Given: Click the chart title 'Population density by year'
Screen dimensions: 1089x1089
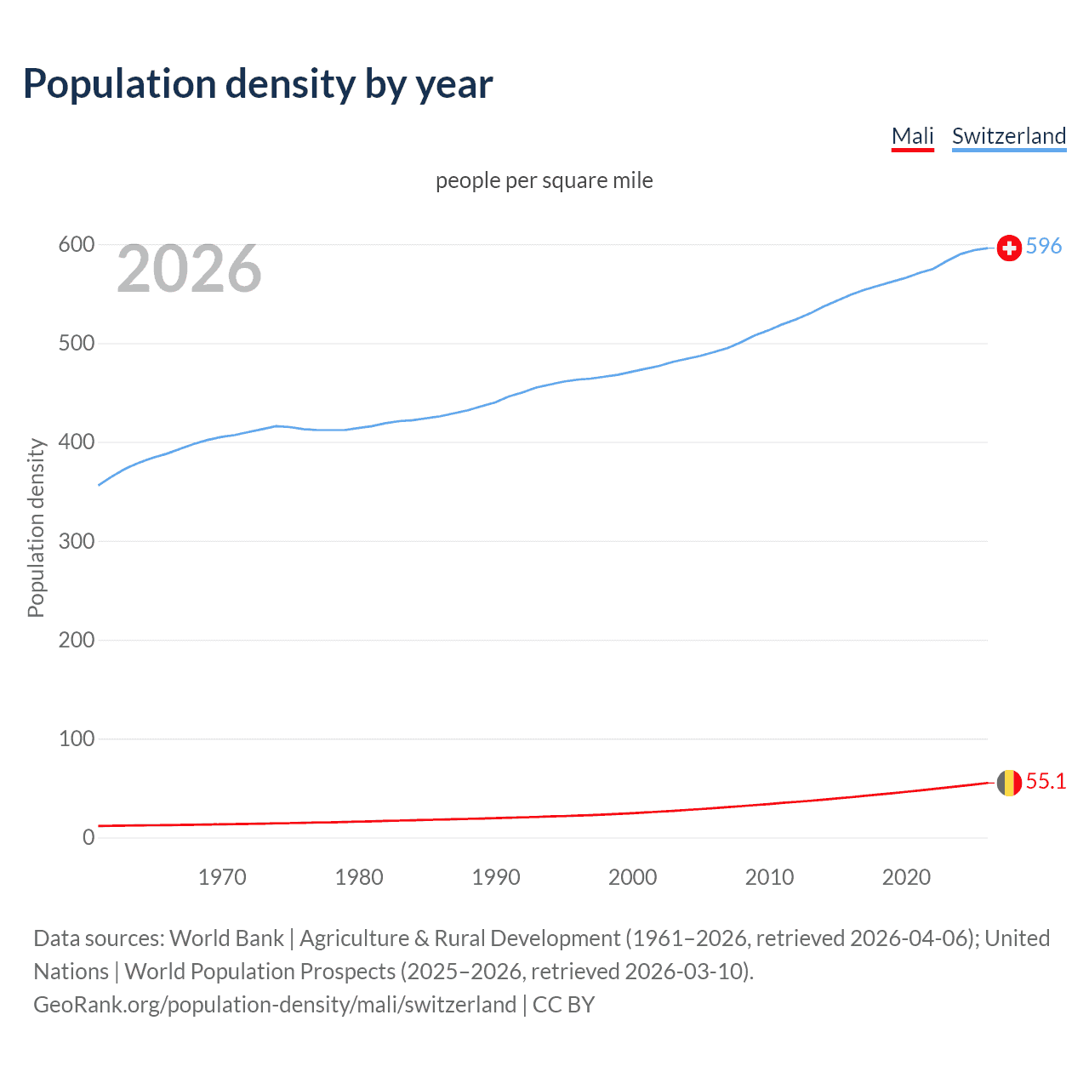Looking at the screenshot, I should [258, 84].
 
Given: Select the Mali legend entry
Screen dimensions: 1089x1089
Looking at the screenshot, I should [912, 136].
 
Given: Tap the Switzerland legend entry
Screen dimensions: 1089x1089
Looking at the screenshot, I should [1008, 136].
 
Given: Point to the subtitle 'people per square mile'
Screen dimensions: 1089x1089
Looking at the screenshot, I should [544, 181].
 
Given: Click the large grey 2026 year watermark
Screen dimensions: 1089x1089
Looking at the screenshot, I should [189, 270].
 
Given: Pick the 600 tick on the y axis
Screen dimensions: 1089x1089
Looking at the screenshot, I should [76, 245].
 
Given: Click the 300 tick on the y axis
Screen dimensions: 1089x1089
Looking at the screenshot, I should [76, 541].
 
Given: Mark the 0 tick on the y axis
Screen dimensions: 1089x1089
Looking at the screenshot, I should [88, 838].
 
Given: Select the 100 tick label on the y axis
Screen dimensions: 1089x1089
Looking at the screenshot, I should [76, 739].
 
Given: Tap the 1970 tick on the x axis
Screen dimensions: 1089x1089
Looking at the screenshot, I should [222, 877].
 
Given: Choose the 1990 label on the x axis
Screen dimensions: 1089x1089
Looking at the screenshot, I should [496, 877].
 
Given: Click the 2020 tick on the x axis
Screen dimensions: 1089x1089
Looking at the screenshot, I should [906, 877].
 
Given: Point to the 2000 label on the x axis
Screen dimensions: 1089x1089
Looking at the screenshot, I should [632, 877].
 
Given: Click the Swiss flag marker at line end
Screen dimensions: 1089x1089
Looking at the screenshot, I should [1009, 248].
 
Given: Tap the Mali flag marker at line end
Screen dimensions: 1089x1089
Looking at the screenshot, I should [1009, 783].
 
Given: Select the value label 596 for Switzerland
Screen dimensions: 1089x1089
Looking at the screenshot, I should [1044, 247].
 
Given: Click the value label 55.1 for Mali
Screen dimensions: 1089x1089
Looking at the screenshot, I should [1046, 782].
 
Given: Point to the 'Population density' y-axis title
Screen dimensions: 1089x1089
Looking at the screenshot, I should [36, 527].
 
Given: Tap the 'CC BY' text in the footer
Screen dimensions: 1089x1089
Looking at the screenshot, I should [563, 1005].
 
